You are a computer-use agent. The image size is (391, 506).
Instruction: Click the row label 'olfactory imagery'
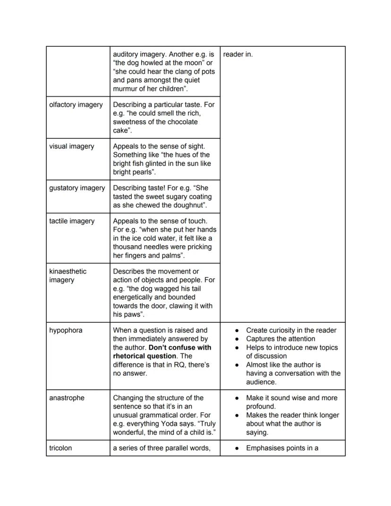pos(76,104)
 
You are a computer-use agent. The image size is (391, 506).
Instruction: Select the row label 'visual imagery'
pos(71,146)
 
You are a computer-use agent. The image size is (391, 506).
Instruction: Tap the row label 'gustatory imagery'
pos(77,188)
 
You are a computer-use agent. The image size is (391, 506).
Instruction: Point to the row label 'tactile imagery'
pos(72,221)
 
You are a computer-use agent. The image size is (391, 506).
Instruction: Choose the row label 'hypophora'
pos(66,330)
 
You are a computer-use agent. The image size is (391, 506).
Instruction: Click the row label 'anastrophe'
pos(67,398)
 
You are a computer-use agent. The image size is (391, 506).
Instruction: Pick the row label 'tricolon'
pos(60,448)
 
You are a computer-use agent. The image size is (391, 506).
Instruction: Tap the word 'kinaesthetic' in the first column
pos(68,272)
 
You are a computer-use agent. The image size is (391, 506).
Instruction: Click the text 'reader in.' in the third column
pos(238,54)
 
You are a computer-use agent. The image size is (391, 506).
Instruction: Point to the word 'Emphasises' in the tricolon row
pos(265,448)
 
